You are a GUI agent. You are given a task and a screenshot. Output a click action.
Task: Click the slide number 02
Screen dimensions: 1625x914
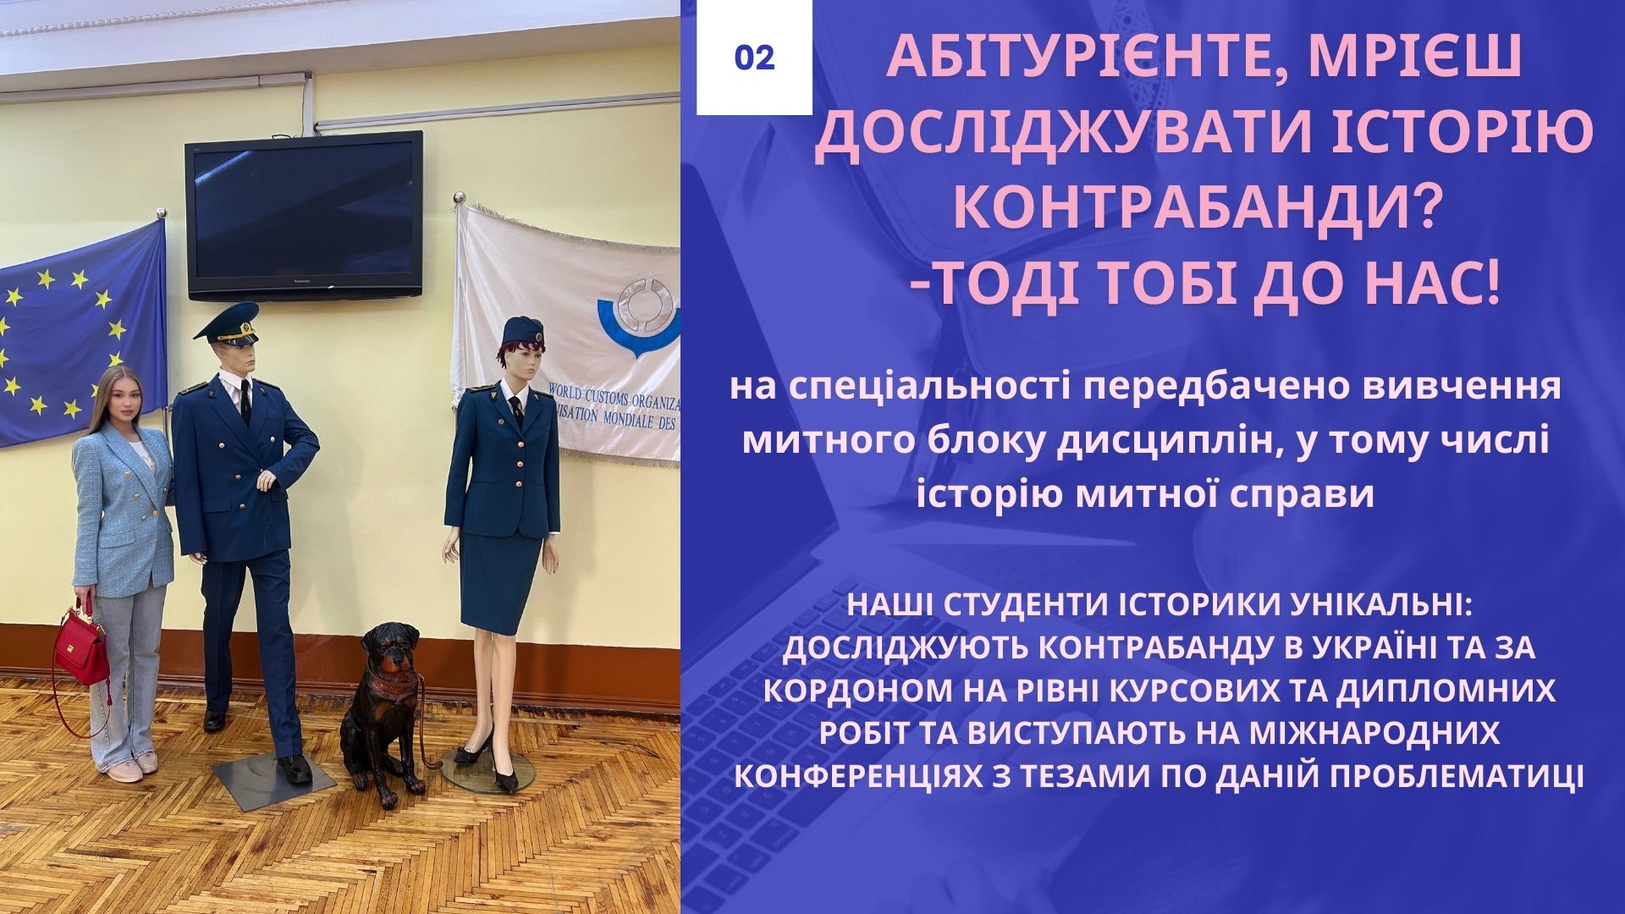point(754,57)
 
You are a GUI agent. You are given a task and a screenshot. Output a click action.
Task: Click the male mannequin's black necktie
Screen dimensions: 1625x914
point(244,401)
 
